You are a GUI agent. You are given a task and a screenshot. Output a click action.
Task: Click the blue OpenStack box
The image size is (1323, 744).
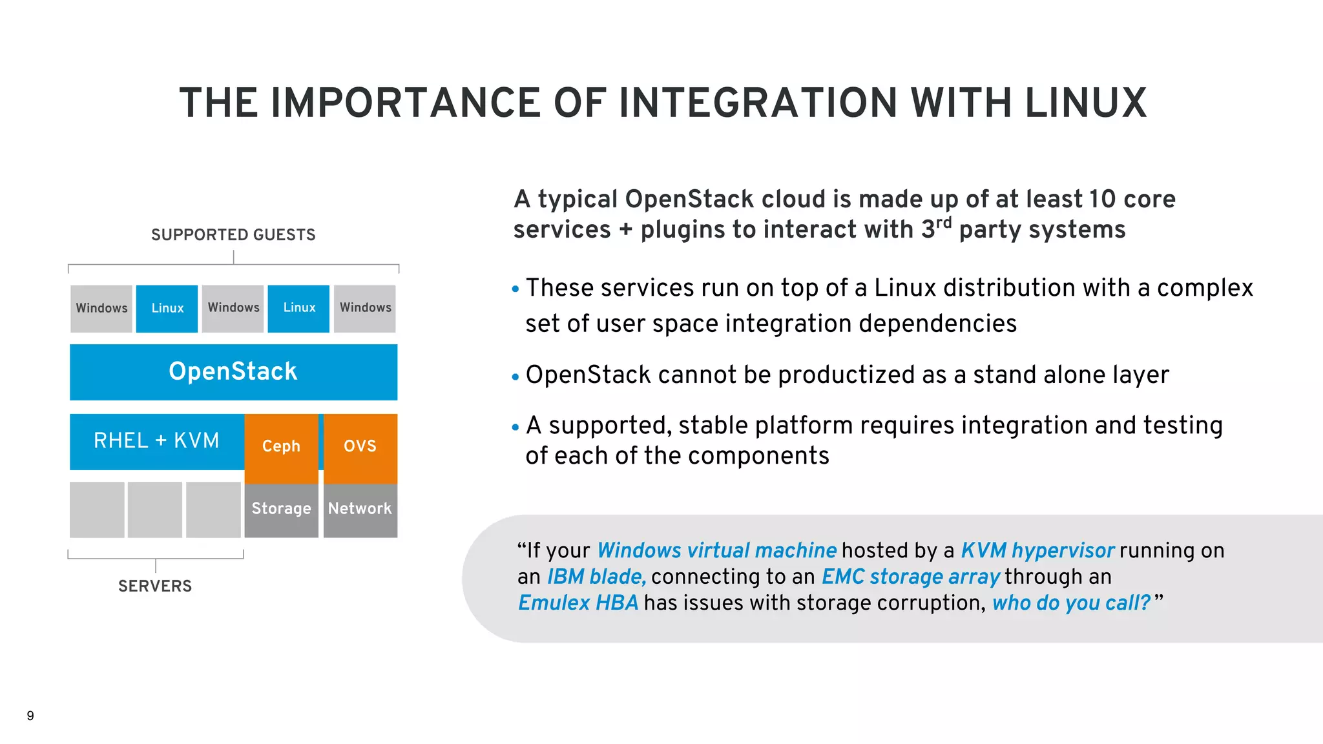click(233, 372)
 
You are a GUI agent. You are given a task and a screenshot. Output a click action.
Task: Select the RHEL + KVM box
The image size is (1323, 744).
click(156, 441)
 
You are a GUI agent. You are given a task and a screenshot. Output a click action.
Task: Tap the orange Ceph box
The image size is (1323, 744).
click(281, 447)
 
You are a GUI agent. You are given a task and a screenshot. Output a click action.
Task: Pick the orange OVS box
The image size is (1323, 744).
click(360, 447)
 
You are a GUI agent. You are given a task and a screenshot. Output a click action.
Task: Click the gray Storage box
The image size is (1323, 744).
click(281, 509)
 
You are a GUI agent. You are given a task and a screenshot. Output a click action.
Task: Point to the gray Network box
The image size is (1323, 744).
click(360, 509)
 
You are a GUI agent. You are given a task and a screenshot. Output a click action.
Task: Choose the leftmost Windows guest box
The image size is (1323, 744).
click(101, 308)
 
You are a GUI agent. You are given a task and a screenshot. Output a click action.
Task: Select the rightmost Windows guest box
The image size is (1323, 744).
click(365, 308)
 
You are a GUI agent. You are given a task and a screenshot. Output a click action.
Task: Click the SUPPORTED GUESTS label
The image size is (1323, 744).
click(233, 234)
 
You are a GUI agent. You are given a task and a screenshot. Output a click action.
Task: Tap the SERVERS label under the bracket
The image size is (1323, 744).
click(155, 586)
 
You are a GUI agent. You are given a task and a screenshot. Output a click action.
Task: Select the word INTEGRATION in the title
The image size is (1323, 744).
click(758, 103)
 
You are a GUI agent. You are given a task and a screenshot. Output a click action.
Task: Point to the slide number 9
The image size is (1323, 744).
click(30, 716)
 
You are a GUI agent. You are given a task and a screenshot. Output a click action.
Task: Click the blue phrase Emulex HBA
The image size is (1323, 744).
click(578, 603)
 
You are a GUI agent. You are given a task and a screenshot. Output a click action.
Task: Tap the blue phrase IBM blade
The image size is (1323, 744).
click(596, 577)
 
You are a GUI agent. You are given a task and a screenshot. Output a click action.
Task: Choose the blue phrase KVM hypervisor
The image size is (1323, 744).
click(1037, 550)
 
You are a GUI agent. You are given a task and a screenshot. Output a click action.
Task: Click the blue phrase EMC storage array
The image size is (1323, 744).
click(910, 577)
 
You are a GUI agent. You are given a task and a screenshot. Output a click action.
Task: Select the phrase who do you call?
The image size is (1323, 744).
click(1072, 603)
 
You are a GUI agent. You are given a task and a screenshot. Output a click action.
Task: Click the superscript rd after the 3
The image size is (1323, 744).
click(944, 223)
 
